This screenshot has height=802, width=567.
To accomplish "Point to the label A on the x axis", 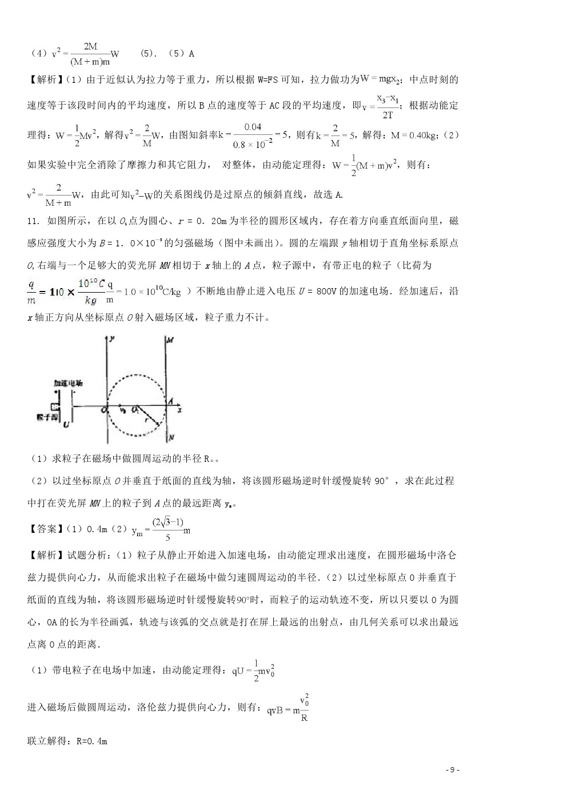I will [170, 402].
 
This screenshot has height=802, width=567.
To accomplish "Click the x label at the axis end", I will [179, 410].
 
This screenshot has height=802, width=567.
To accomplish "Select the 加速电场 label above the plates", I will [68, 383].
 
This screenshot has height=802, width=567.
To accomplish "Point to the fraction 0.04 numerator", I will [252, 127].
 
